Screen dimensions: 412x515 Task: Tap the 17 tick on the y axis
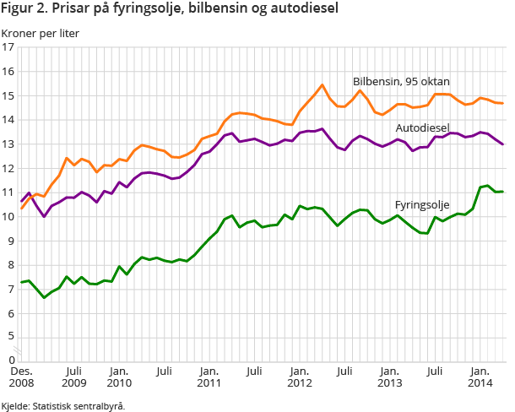9,47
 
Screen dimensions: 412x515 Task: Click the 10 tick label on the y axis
9,217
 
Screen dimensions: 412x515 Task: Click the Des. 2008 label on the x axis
22,376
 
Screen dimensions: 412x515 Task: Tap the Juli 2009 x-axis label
73,376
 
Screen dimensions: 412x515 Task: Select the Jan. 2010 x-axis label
119,376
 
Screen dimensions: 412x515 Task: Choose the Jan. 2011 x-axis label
209,376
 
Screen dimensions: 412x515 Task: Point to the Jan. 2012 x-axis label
298,376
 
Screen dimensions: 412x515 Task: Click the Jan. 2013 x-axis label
388,376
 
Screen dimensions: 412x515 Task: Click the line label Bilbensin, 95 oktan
401,82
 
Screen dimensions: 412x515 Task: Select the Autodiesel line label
421,127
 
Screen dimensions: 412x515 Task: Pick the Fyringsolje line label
421,204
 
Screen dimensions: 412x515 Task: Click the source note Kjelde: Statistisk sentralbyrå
63,405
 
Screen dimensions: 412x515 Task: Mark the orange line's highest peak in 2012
323,84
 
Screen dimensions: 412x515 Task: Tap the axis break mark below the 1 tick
23,346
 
